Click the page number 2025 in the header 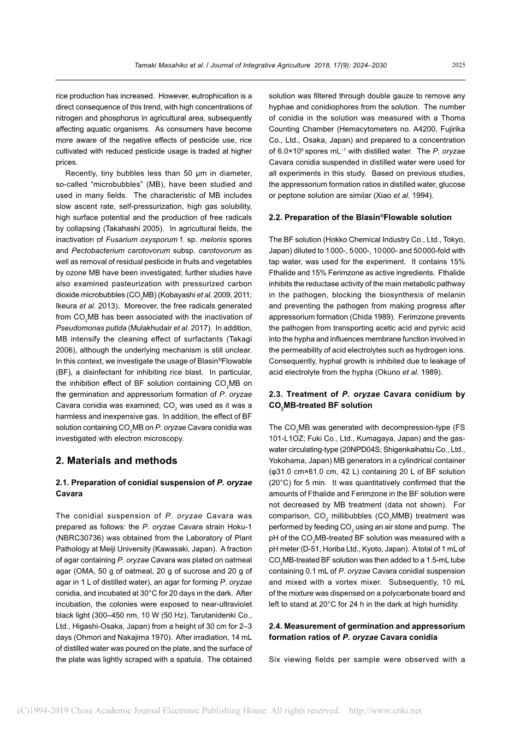point(458,65)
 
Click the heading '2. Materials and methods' point(116,461)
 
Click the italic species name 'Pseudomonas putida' point(91,328)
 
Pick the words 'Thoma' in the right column point(453,118)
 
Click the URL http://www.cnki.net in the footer point(385,711)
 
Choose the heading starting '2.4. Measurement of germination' point(367,627)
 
